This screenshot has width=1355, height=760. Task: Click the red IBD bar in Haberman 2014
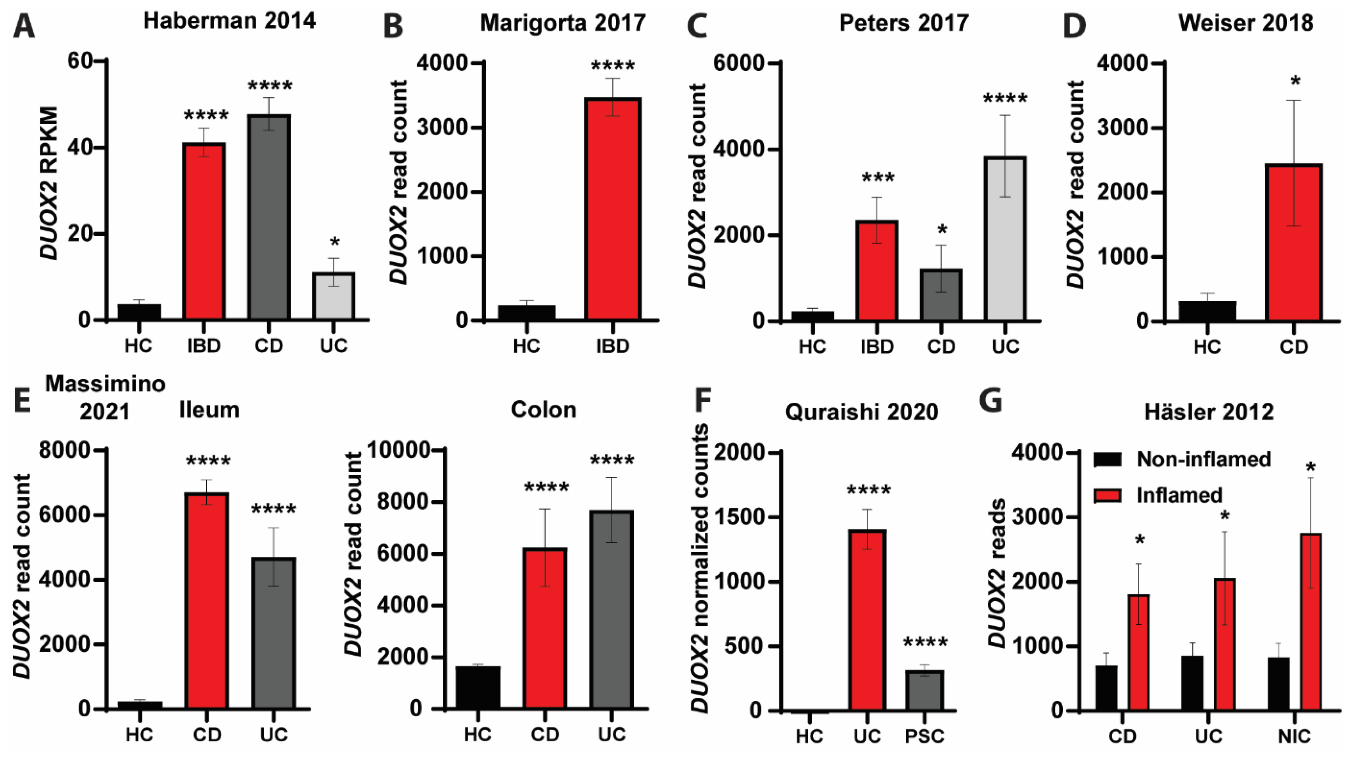pyautogui.click(x=204, y=231)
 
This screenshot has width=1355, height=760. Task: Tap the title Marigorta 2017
pyautogui.click(x=562, y=23)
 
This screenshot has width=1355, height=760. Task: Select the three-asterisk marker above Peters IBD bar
pyautogui.click(x=877, y=178)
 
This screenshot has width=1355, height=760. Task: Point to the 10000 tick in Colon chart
pyautogui.click(x=398, y=450)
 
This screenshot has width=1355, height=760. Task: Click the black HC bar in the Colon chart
pyautogui.click(x=478, y=687)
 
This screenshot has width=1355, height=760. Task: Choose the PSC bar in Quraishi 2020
pyautogui.click(x=924, y=690)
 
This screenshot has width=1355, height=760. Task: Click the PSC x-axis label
pyautogui.click(x=924, y=736)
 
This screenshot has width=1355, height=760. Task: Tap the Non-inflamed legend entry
pyautogui.click(x=1203, y=459)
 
